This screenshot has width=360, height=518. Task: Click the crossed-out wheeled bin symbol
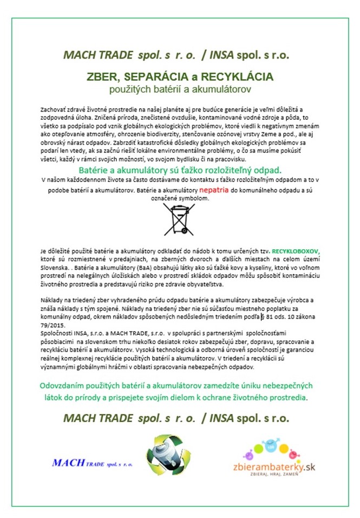(179, 219)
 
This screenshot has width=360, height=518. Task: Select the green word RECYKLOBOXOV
(296, 251)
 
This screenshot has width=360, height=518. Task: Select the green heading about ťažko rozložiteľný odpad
(179, 170)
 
